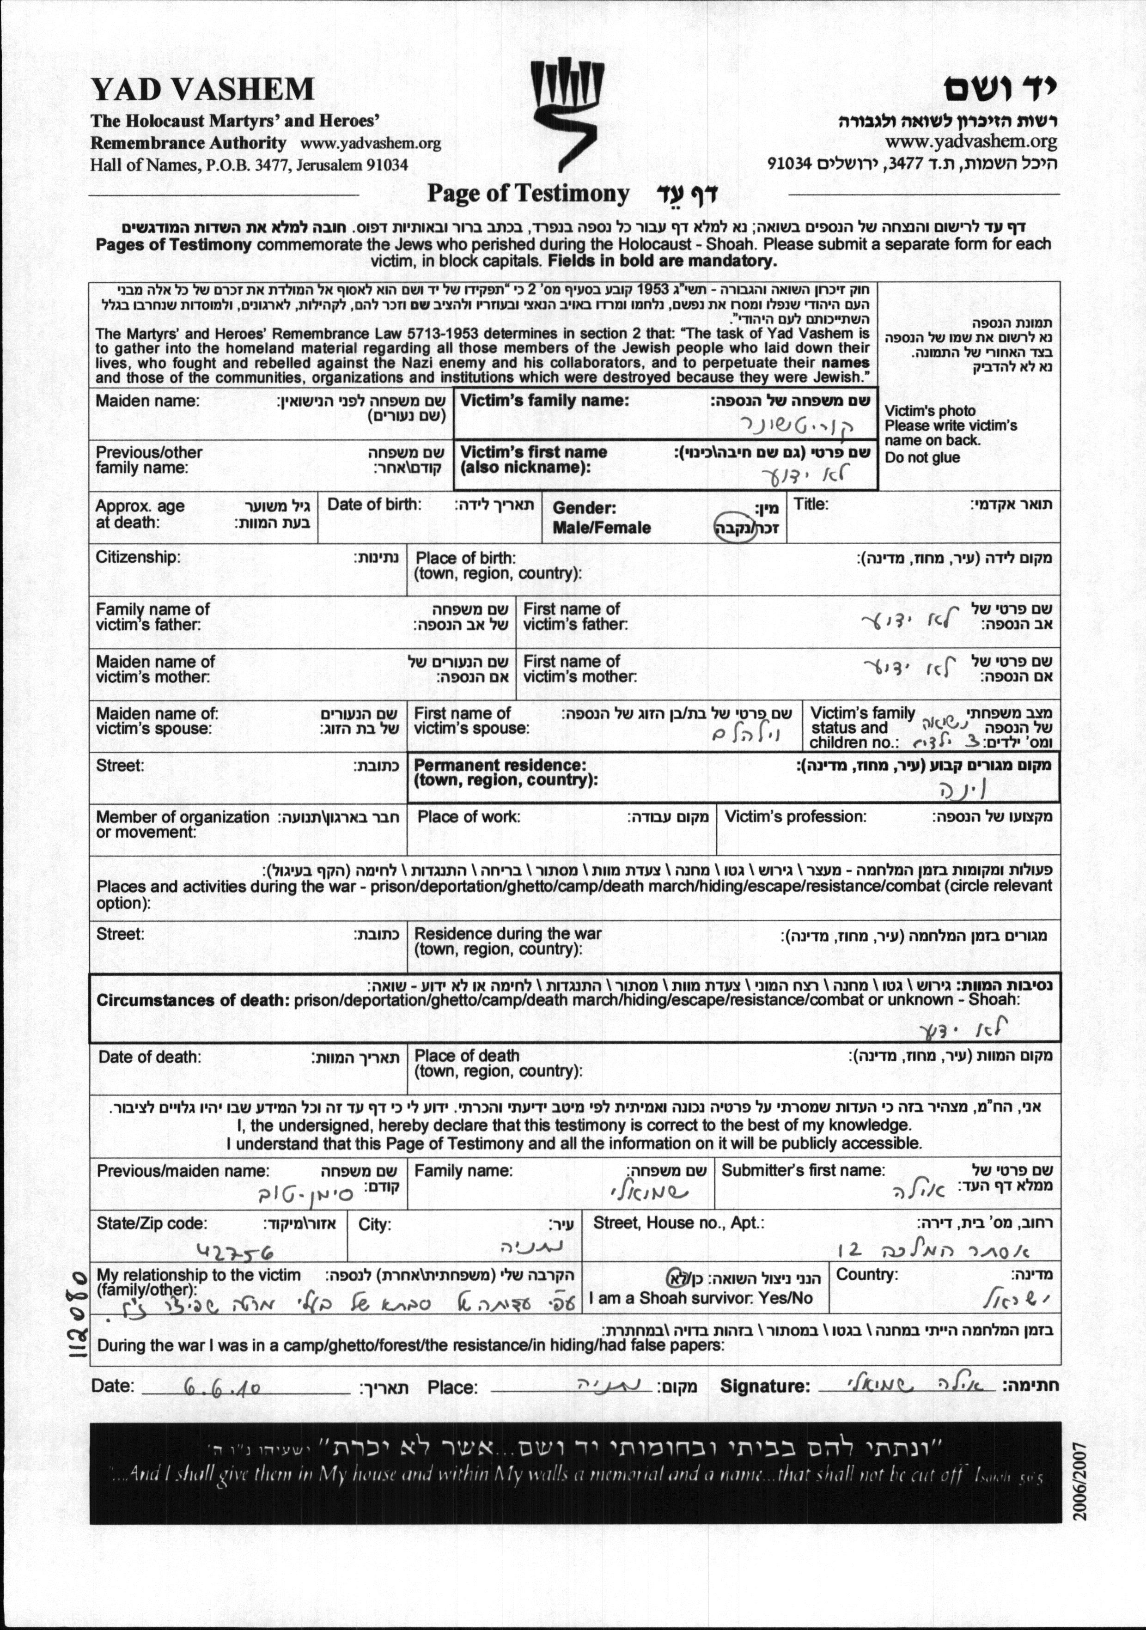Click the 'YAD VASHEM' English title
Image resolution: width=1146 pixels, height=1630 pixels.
click(202, 90)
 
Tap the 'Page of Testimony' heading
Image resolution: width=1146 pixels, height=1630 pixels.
click(528, 194)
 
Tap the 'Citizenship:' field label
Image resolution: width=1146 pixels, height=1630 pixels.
click(138, 557)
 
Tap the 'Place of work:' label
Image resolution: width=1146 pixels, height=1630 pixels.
click(469, 817)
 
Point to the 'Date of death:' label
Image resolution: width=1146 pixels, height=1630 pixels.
click(150, 1057)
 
